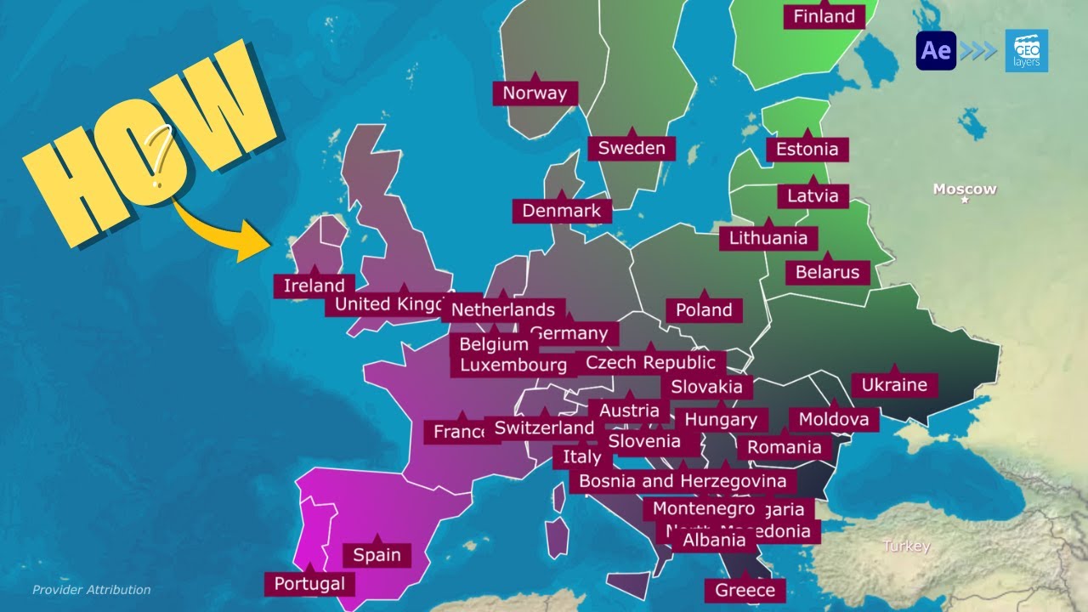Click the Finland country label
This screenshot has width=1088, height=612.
[824, 16]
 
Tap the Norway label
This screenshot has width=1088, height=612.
[535, 93]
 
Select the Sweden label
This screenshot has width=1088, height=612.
[631, 148]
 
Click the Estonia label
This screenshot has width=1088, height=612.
[807, 150]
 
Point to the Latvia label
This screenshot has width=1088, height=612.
[813, 196]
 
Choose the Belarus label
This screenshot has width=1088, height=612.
[827, 273]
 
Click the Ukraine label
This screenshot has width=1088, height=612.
[894, 385]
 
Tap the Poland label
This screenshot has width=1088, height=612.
[704, 310]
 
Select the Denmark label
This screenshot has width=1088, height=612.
[561, 211]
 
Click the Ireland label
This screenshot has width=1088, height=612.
[314, 286]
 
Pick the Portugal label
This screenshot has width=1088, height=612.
[309, 584]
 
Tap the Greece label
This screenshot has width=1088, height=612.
[745, 590]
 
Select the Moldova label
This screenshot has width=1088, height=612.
[833, 419]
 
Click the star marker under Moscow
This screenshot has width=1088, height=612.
[965, 201]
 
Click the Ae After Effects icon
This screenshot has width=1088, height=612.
[936, 50]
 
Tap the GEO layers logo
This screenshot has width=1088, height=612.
[1026, 50]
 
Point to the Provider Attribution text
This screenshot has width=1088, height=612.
[91, 589]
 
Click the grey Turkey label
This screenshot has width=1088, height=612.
[906, 547]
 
